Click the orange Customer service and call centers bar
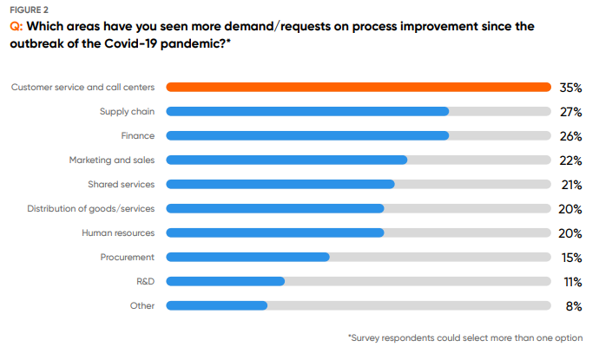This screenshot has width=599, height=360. (x=358, y=87)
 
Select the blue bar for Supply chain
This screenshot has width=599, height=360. (x=306, y=111)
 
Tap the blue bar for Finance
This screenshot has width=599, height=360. (x=306, y=135)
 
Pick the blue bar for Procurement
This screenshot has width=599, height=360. (x=247, y=257)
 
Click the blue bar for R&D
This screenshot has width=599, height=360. (x=225, y=281)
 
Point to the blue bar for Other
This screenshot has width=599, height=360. (x=216, y=305)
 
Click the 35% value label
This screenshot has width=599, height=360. (x=570, y=87)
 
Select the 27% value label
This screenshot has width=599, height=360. (x=570, y=111)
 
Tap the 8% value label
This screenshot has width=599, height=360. (x=573, y=305)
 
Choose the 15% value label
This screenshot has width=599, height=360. (x=570, y=257)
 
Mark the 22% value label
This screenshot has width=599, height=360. (x=570, y=160)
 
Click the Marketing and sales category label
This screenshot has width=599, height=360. (x=112, y=160)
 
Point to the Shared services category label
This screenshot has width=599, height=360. (x=121, y=184)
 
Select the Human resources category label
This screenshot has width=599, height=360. (x=118, y=232)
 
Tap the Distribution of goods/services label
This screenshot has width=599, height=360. (x=91, y=208)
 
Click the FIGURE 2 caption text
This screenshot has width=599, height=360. (x=29, y=10)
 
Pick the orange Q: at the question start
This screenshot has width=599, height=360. (x=16, y=27)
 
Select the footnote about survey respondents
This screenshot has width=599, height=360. (x=465, y=337)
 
